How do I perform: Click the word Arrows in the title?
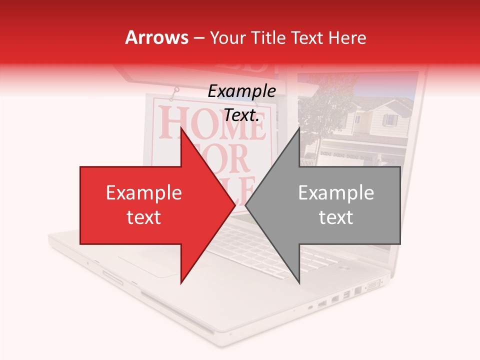click(157, 37)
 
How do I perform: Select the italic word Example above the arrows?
click(241, 91)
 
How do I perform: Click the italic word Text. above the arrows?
click(241, 115)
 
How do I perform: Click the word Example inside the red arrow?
click(144, 193)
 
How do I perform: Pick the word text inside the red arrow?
click(144, 217)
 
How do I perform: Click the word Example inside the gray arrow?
click(336, 193)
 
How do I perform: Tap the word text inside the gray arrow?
click(336, 217)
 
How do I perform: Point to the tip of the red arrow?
click(234, 205)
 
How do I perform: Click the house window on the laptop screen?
click(389, 120)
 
